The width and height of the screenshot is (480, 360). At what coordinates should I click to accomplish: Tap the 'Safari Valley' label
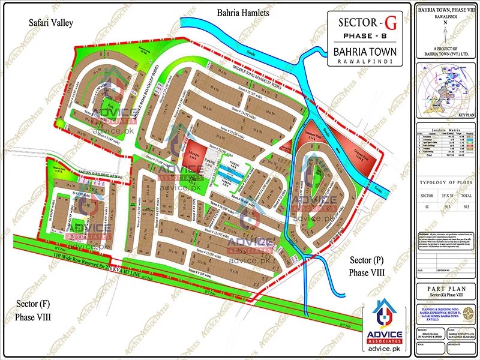click(x=51, y=23)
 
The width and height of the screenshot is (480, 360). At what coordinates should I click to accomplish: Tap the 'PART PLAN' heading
click(x=445, y=289)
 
